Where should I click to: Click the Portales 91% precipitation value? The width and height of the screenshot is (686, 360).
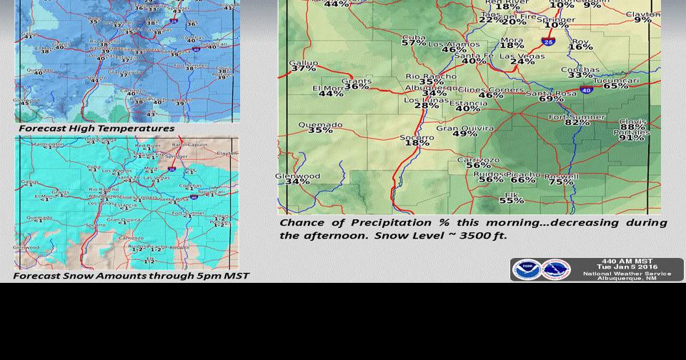pyautogui.click(x=631, y=138)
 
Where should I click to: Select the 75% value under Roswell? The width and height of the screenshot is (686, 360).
pyautogui.click(x=561, y=182)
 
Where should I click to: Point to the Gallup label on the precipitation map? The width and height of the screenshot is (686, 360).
pyautogui.click(x=303, y=63)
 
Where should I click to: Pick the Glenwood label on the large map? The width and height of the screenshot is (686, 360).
pyautogui.click(x=297, y=176)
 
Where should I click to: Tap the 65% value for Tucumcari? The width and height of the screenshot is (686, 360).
pyautogui.click(x=615, y=86)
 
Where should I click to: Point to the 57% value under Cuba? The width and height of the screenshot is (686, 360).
pyautogui.click(x=414, y=43)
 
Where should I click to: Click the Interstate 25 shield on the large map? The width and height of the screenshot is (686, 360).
pyautogui.click(x=548, y=41)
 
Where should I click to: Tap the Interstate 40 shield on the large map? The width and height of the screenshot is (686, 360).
pyautogui.click(x=586, y=91)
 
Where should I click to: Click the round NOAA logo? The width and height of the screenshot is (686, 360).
pyautogui.click(x=527, y=270)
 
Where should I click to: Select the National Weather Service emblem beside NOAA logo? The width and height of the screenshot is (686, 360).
pyautogui.click(x=556, y=270)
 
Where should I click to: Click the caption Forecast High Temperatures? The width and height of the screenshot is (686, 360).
pyautogui.click(x=96, y=129)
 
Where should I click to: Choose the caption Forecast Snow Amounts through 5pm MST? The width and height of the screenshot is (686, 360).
pyautogui.click(x=131, y=276)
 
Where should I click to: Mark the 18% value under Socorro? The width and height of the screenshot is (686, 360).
pyautogui.click(x=417, y=143)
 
